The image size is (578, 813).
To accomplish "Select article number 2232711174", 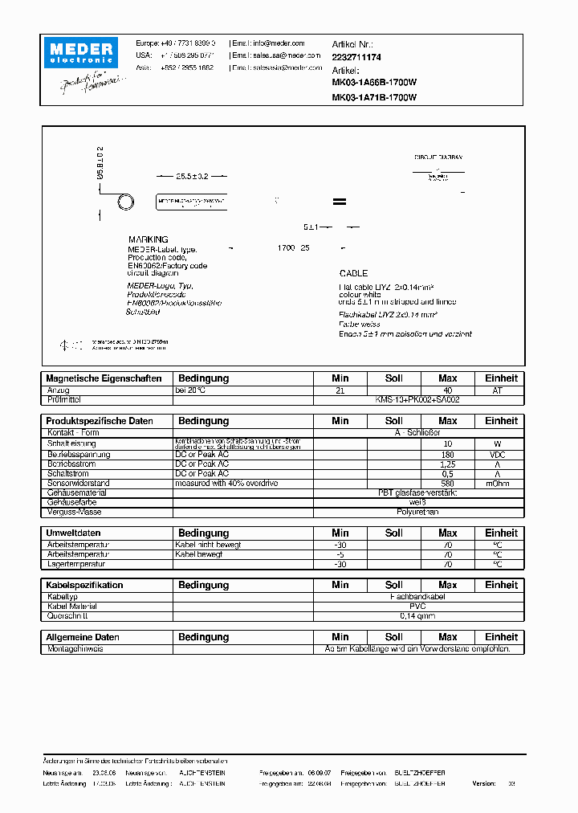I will tap(356, 58).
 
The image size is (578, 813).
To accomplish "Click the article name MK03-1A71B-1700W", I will tap(374, 97).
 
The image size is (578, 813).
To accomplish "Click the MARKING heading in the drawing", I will tap(149, 239).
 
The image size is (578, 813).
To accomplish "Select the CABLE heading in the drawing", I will tap(354, 274).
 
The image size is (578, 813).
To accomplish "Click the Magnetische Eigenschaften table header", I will tap(104, 378).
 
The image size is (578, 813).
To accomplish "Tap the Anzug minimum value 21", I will tap(340, 390).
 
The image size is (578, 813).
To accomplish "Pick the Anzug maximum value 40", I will tap(448, 390).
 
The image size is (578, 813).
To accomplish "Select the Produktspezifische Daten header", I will tap(100, 421).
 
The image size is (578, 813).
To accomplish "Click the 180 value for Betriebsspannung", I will tap(448, 455).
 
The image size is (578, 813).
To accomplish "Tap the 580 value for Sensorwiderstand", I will tap(448, 484).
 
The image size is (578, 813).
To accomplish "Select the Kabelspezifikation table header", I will tap(85, 586).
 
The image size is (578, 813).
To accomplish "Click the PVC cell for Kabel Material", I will tap(417, 607).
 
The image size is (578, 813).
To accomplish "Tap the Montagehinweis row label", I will tap(75, 648).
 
